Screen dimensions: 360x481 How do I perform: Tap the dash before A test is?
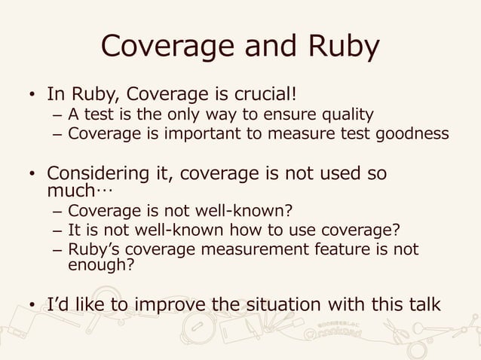[58, 116]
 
